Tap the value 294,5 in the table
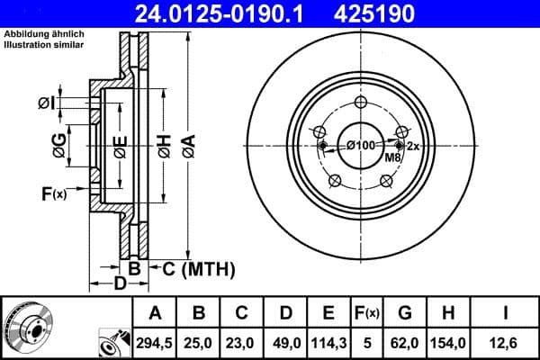coord(155,342)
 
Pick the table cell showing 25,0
coord(199,342)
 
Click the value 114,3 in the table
coord(328,342)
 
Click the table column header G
coord(404,313)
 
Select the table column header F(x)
coord(367,313)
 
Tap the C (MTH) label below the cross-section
coord(191,268)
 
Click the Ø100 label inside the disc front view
coord(361,145)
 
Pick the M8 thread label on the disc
coord(392,158)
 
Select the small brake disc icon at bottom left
coord(28,328)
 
